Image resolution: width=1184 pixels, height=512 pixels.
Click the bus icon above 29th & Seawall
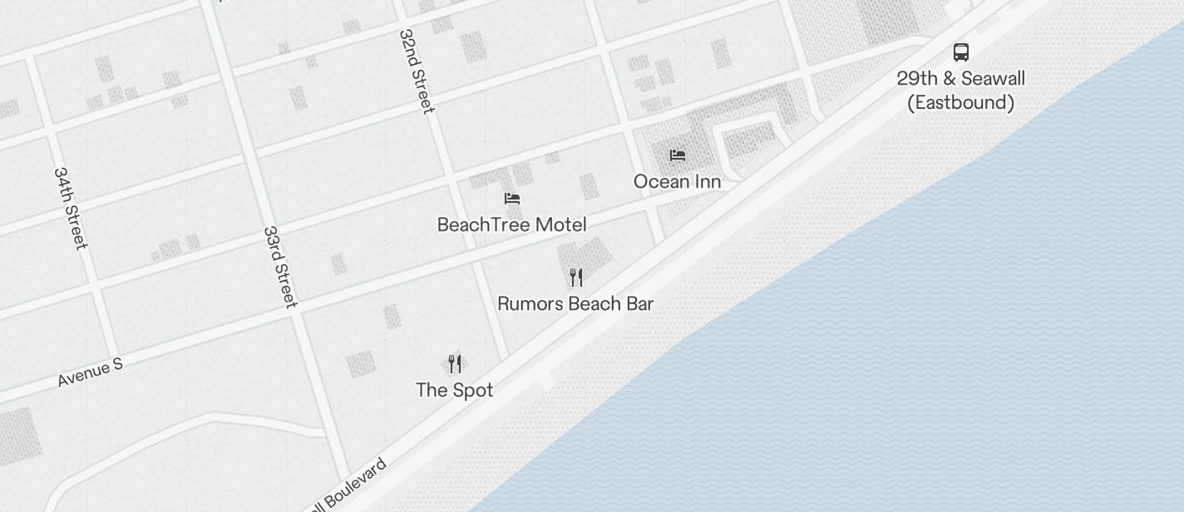960,52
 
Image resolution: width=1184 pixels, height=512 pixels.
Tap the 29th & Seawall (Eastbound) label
960,90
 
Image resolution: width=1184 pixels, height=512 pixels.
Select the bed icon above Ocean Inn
678,155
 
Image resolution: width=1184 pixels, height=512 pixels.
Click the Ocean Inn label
677,181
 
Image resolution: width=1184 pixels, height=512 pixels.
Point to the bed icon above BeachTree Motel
512,199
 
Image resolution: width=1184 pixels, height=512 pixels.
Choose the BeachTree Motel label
511,224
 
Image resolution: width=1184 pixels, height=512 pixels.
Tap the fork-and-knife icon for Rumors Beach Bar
575,277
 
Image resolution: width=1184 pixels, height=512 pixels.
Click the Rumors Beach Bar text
575,303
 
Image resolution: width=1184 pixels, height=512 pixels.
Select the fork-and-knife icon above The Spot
454,364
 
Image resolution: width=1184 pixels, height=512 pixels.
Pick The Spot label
454,390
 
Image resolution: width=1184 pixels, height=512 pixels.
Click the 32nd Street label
417,71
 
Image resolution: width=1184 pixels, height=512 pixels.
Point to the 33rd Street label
280,267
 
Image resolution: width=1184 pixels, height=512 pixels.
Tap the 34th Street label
70,208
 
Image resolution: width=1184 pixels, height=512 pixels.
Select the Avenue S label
91,372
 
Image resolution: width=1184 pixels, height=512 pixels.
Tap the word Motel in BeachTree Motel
560,224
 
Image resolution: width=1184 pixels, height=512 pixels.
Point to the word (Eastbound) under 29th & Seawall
960,102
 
